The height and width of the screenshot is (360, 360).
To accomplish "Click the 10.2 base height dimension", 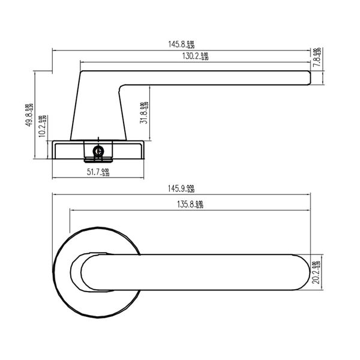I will pos(41,127).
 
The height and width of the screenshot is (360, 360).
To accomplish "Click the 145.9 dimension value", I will pos(176,188).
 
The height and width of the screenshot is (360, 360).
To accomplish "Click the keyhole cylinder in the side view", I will pos(98,152).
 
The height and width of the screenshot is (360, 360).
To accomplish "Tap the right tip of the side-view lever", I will pos(309,78).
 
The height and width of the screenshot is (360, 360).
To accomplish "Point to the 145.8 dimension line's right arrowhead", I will pos(322,50).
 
